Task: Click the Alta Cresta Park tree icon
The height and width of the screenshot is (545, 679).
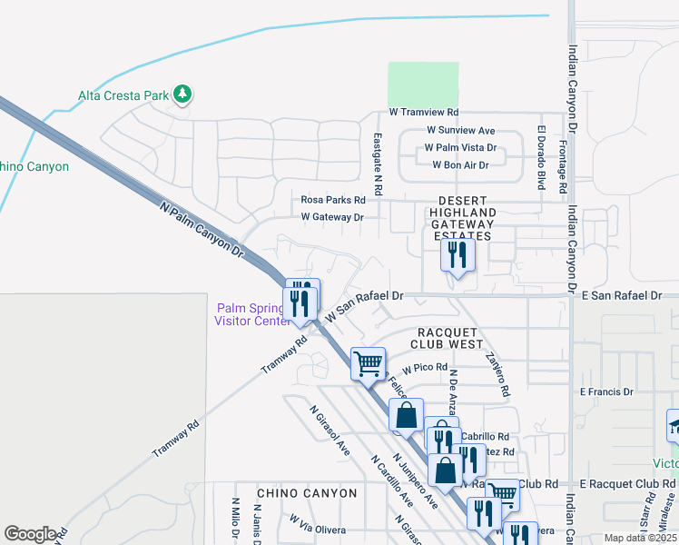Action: click(x=182, y=94)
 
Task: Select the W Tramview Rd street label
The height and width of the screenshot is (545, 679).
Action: click(x=423, y=112)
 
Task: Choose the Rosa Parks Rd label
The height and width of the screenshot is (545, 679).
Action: click(x=332, y=200)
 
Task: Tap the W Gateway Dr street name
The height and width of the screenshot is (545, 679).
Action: click(x=332, y=217)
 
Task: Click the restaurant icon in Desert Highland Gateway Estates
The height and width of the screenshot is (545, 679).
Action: click(x=458, y=254)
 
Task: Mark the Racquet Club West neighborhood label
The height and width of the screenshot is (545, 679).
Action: click(x=447, y=338)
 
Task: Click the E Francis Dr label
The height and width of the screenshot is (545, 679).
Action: click(x=605, y=391)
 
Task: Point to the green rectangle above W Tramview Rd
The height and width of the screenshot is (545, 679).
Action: click(x=423, y=84)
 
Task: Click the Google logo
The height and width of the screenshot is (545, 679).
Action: click(x=30, y=534)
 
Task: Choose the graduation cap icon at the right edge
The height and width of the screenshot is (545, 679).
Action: click(x=675, y=425)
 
